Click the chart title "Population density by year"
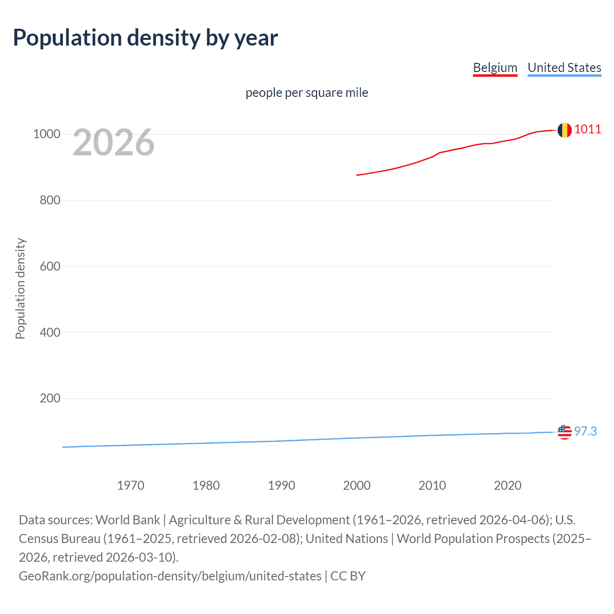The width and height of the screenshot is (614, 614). click(x=145, y=38)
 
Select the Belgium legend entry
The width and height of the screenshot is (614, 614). click(x=495, y=68)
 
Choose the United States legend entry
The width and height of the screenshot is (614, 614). click(x=564, y=68)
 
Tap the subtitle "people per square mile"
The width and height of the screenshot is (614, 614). click(x=307, y=93)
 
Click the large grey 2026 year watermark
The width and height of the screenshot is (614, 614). click(x=114, y=142)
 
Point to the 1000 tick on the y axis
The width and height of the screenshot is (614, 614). click(x=47, y=134)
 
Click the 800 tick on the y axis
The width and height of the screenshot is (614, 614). click(x=50, y=200)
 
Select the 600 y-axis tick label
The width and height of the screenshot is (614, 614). click(x=50, y=266)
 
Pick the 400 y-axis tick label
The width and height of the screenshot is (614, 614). click(x=50, y=332)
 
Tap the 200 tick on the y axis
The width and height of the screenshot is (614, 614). click(x=50, y=399)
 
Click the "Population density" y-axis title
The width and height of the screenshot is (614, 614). click(x=20, y=289)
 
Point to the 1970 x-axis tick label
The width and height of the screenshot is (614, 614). click(x=130, y=485)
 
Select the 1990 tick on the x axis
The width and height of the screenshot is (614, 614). click(x=282, y=485)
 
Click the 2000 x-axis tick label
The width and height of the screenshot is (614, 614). click(x=357, y=485)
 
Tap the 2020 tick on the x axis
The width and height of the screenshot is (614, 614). click(x=508, y=485)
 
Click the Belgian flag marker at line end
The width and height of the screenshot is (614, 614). click(x=564, y=130)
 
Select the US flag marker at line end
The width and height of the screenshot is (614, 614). click(x=564, y=432)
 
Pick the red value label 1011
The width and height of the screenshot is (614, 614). click(x=588, y=130)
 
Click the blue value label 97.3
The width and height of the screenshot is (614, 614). click(x=585, y=432)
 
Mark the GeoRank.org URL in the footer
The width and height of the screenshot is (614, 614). click(x=170, y=576)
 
